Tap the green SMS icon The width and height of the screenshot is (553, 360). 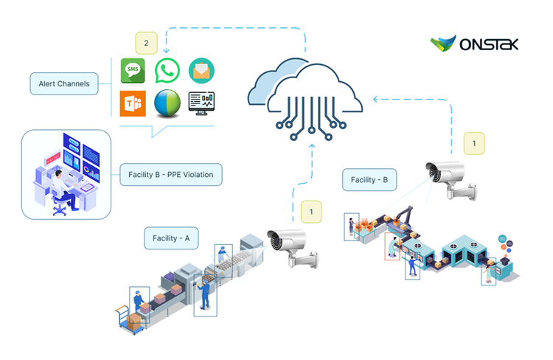click(x=133, y=71)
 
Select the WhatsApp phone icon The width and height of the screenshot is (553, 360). click(x=167, y=71)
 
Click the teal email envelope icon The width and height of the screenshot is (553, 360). click(x=201, y=71)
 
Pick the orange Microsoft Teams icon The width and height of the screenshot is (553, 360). click(x=133, y=104)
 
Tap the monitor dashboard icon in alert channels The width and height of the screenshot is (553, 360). click(x=201, y=104)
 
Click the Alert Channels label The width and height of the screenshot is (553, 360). click(x=64, y=84)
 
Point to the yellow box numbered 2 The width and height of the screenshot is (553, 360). click(x=146, y=44)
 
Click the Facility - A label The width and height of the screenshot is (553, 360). click(x=171, y=238)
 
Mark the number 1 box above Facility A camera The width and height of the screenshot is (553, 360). click(x=311, y=212)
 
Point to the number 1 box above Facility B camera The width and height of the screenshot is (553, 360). click(x=473, y=142)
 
